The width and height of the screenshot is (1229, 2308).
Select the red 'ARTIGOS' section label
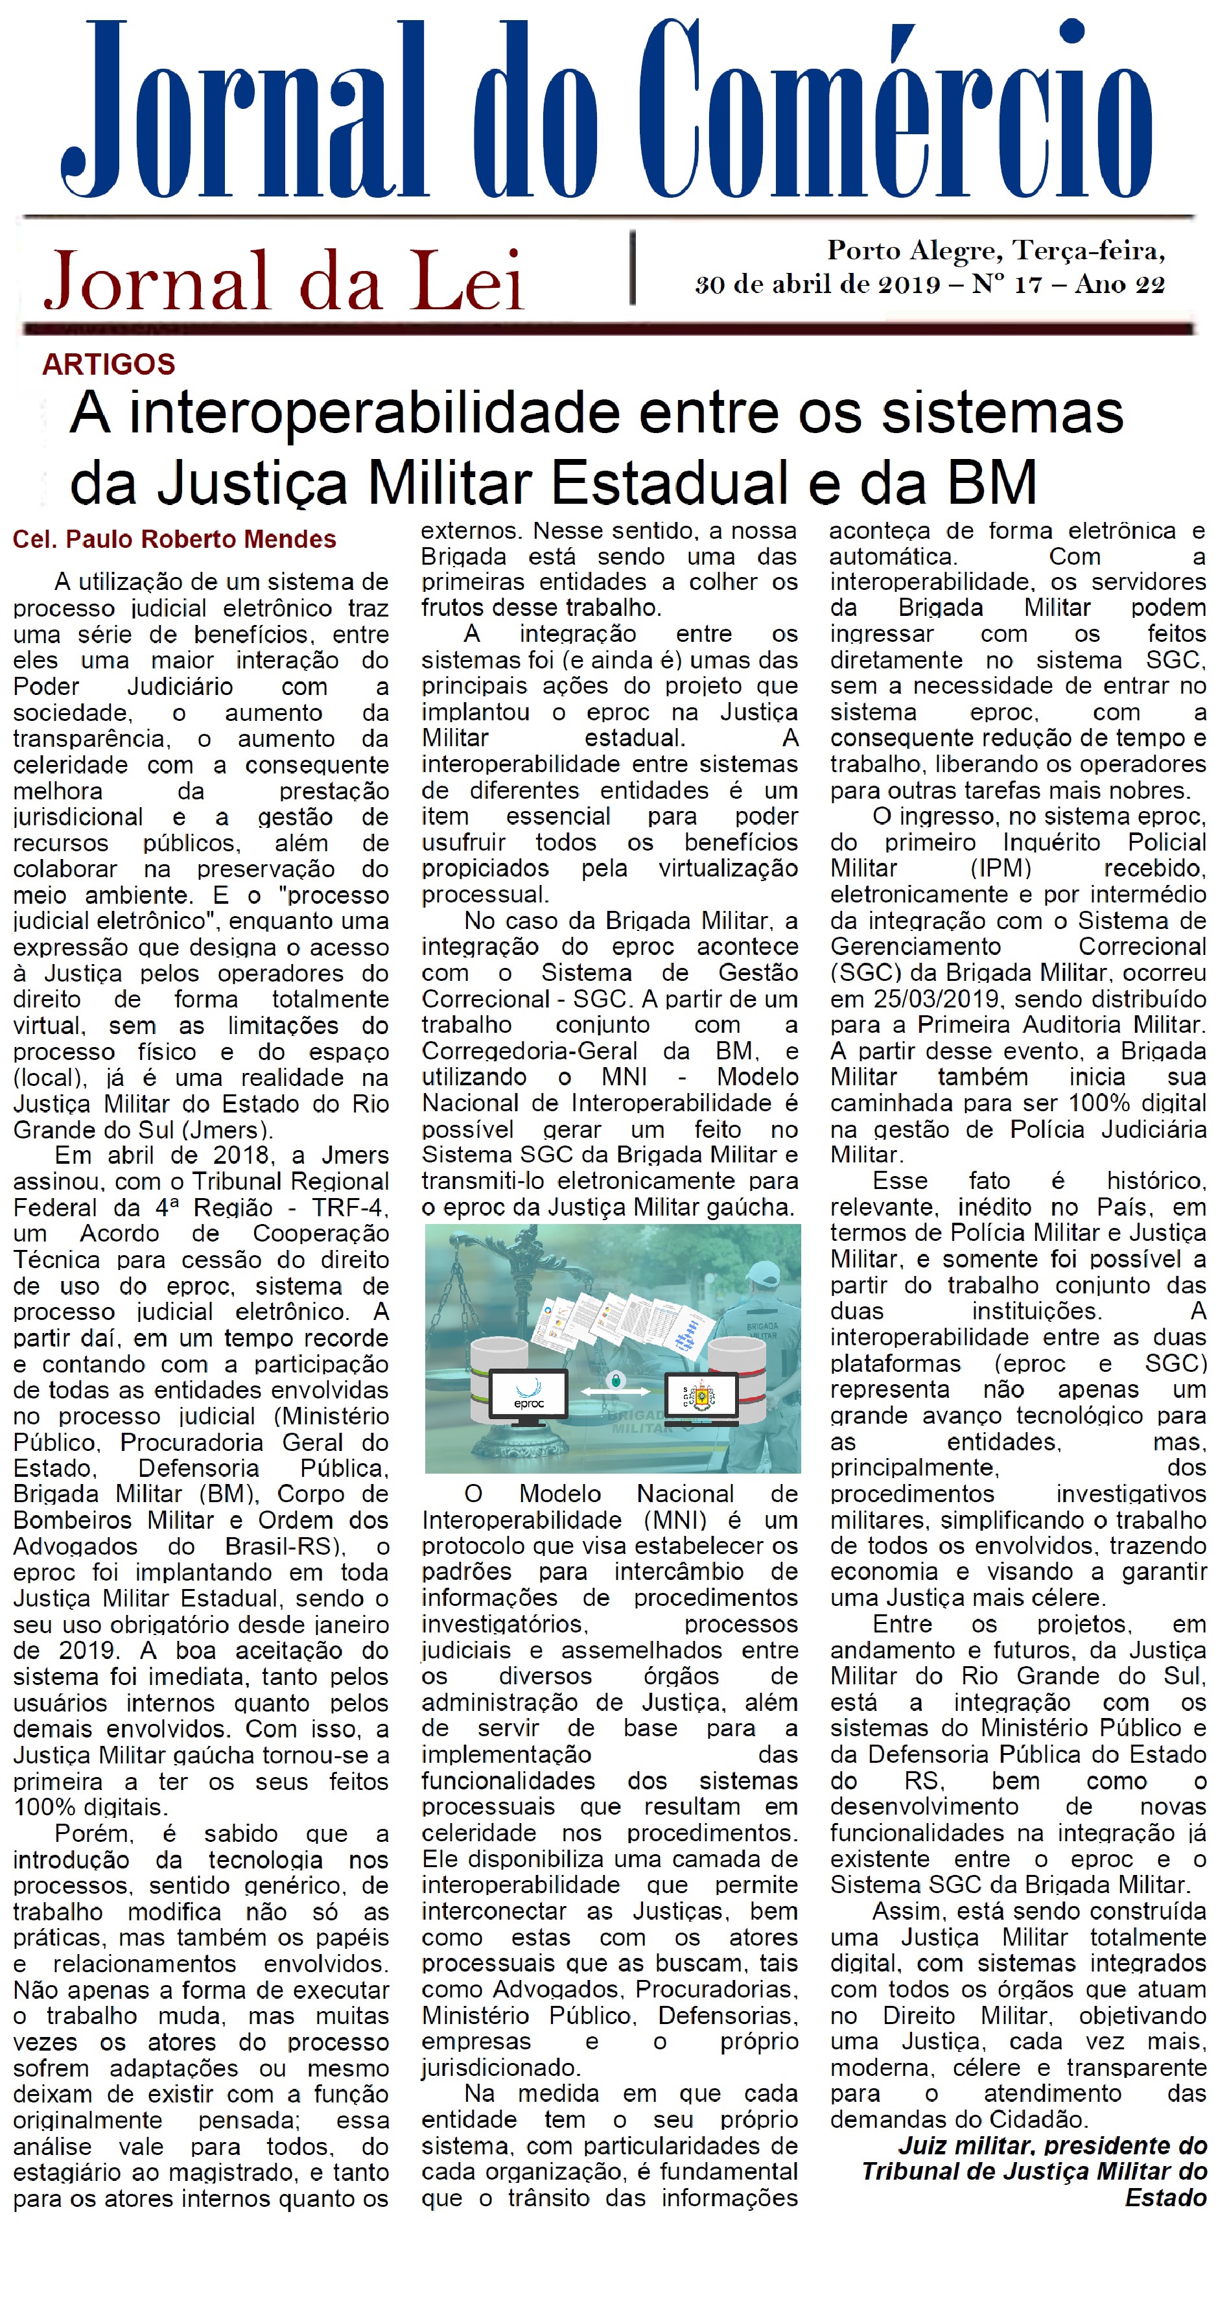tap(108, 364)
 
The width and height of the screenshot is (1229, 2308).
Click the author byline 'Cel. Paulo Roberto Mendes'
tap(174, 539)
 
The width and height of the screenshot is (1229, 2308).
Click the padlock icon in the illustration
tap(614, 1379)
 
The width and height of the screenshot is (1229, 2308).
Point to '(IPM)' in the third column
tap(1001, 868)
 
